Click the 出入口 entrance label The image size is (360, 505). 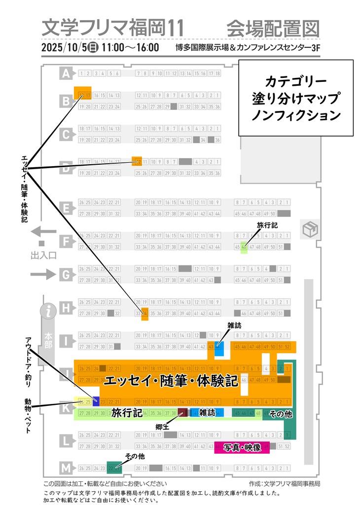(x=43, y=255)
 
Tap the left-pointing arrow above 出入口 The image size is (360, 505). (x=44, y=232)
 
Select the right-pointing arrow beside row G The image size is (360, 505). (x=44, y=275)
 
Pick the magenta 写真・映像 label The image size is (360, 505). (x=242, y=448)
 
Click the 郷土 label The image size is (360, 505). (x=162, y=427)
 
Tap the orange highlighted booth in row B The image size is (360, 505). (x=82, y=93)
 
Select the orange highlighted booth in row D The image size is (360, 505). (x=137, y=161)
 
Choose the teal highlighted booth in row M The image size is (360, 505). (x=114, y=468)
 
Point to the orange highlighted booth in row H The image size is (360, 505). (x=144, y=313)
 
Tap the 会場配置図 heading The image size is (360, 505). (x=273, y=28)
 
